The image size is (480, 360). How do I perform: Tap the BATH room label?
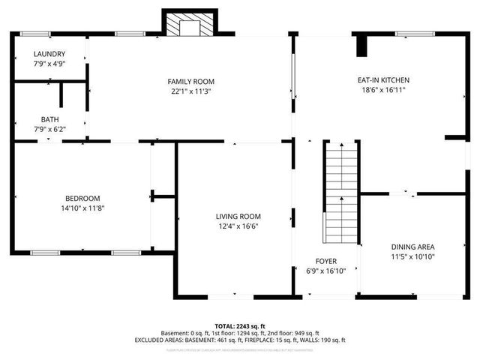pyautogui.click(x=50, y=119)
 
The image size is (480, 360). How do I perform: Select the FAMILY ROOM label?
pyautogui.click(x=190, y=81)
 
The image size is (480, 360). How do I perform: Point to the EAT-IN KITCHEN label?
pyautogui.click(x=382, y=79)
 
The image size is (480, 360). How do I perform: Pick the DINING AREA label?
pyautogui.click(x=412, y=247)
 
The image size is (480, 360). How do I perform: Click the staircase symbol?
pyautogui.click(x=340, y=192)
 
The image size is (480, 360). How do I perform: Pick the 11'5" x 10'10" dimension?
pyautogui.click(x=412, y=257)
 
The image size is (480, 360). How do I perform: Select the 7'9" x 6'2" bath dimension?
pyautogui.click(x=50, y=130)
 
